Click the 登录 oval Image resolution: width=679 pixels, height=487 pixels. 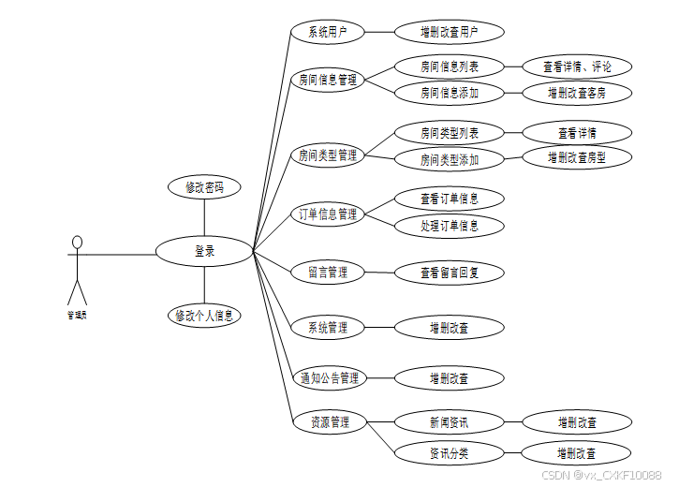[204, 251]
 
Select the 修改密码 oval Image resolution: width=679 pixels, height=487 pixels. [204, 187]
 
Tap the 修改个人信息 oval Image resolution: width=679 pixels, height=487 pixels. [204, 316]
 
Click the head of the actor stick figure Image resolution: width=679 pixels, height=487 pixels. [78, 243]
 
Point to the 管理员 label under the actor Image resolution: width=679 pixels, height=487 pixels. [77, 315]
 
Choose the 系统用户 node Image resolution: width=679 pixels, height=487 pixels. [328, 32]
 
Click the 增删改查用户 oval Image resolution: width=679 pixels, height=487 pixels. [450, 32]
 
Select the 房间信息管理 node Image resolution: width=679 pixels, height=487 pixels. [328, 80]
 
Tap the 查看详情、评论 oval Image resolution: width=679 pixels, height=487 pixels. [577, 66]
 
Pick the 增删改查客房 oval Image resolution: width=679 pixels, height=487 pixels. [577, 93]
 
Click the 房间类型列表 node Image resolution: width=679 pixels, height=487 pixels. [450, 133]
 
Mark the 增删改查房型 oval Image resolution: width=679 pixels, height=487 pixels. [577, 157]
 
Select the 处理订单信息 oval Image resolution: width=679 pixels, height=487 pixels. [450, 226]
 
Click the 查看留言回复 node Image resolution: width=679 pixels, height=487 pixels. [450, 273]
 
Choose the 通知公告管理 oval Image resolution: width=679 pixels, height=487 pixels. [328, 378]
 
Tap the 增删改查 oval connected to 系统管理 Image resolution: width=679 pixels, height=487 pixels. [450, 328]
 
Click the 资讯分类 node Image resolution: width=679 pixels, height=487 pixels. [450, 453]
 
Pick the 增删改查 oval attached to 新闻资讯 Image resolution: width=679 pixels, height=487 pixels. [577, 422]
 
